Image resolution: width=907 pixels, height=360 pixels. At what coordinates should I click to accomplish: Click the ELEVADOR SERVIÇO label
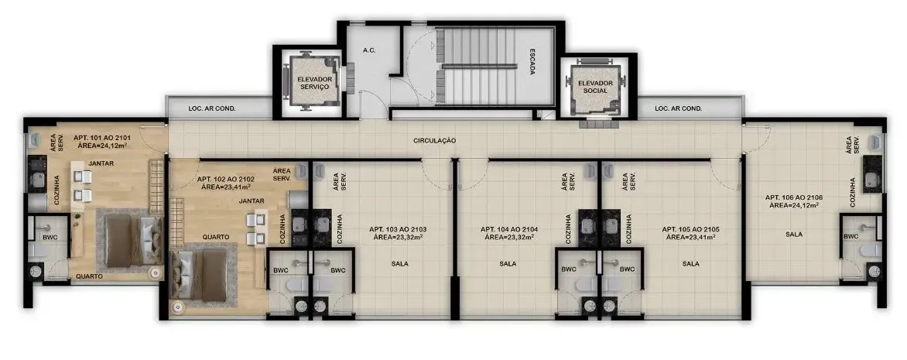pos(314,83)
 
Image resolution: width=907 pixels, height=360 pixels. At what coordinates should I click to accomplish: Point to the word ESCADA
pos(532,61)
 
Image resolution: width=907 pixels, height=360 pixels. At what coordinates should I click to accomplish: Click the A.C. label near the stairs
pos(369,51)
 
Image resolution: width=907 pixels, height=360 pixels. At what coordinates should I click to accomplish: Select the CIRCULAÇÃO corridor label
pos(434,140)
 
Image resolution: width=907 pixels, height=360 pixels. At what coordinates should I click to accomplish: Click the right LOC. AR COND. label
pos(678,108)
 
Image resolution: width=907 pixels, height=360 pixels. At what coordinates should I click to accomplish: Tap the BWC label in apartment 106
pos(851,236)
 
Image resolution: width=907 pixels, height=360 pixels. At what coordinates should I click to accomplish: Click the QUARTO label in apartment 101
pos(89,276)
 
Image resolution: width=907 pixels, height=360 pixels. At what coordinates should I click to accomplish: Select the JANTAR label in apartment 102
pos(252,201)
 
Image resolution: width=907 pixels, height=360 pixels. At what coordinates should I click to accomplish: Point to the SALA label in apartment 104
pos(508,263)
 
